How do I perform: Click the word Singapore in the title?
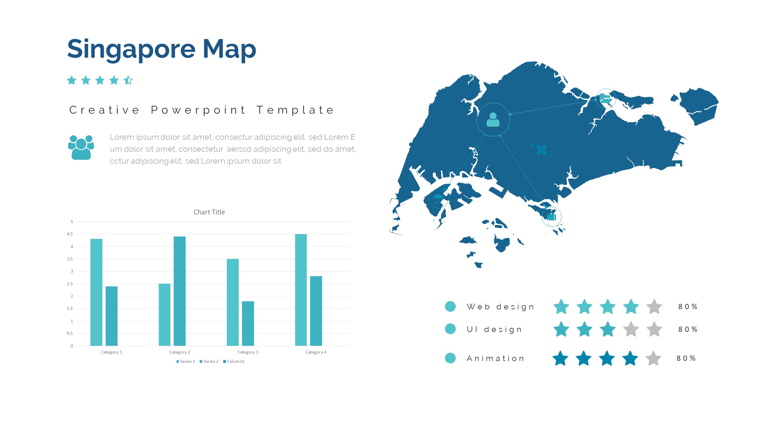[x=132, y=50]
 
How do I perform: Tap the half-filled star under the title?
[x=128, y=80]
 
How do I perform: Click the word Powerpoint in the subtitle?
[x=198, y=110]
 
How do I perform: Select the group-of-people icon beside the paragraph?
[x=81, y=147]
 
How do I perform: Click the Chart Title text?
[x=209, y=212]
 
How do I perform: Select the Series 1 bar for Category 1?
[x=96, y=292]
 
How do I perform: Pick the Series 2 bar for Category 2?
[x=180, y=291]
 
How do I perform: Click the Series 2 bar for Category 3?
[x=248, y=323]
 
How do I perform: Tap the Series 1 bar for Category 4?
[x=301, y=290]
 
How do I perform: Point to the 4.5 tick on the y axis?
[x=70, y=234]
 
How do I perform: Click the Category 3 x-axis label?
[x=248, y=352]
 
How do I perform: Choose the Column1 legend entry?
[x=234, y=361]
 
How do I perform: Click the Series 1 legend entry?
[x=186, y=361]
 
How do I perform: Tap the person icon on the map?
[x=493, y=119]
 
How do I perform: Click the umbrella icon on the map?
[x=438, y=198]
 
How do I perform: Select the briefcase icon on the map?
[x=552, y=216]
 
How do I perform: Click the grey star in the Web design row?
[x=654, y=307]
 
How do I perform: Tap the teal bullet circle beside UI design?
[x=450, y=329]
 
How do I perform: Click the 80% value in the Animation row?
[x=686, y=358]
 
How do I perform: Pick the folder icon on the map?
[x=606, y=98]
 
